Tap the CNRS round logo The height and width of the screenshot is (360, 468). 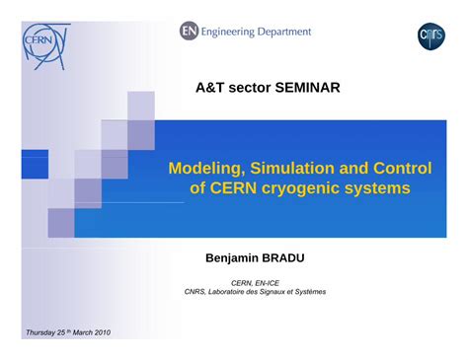click(431, 36)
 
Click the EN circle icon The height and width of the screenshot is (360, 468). click(189, 32)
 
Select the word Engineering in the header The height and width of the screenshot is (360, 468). click(234, 32)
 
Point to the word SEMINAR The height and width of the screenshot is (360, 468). click(302, 88)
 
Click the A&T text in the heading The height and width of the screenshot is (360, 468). click(211, 88)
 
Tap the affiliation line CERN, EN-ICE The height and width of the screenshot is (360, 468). click(255, 281)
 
